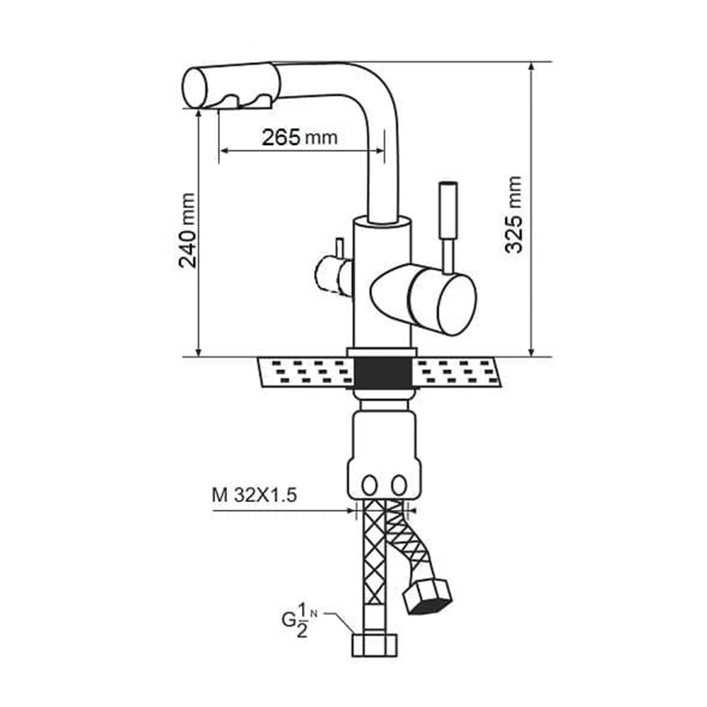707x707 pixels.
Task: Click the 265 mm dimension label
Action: pyautogui.click(x=299, y=137)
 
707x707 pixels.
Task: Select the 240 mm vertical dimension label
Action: pyautogui.click(x=187, y=230)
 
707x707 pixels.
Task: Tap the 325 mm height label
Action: pyautogui.click(x=513, y=214)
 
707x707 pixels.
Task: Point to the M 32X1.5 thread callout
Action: pyautogui.click(x=255, y=496)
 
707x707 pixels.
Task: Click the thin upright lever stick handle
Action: pyautogui.click(x=448, y=228)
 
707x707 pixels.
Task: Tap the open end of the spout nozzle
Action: pyautogui.click(x=195, y=88)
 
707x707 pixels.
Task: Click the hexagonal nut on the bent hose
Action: pyautogui.click(x=427, y=596)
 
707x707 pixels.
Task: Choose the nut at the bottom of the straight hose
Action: pyautogui.click(x=374, y=645)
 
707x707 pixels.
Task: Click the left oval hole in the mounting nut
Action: pyautogui.click(x=369, y=486)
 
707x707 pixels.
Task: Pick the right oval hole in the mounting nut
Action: pyautogui.click(x=399, y=486)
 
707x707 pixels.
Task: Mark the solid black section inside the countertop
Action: pyautogui.click(x=382, y=373)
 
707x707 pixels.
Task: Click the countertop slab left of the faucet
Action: pyautogui.click(x=305, y=373)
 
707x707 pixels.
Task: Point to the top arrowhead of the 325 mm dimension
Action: pyautogui.click(x=532, y=66)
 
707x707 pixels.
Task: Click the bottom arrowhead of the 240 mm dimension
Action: pyautogui.click(x=198, y=351)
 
